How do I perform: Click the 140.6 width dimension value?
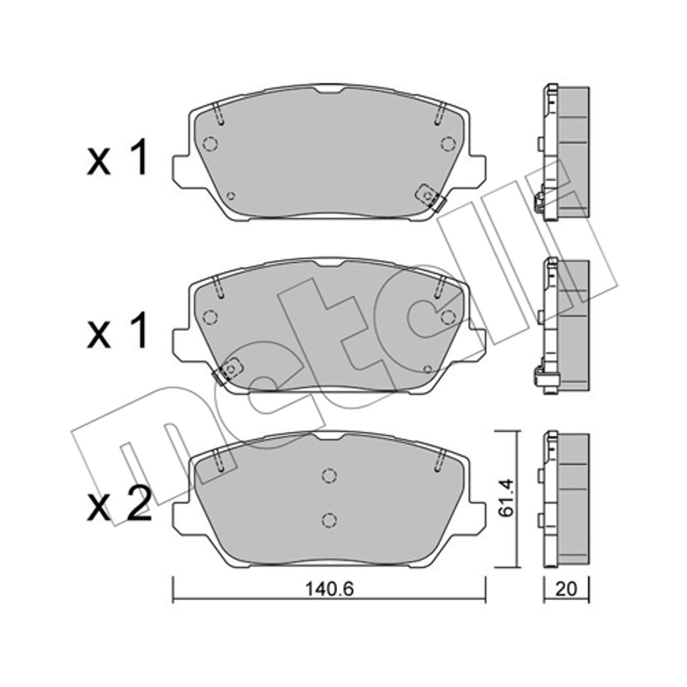click(x=329, y=589)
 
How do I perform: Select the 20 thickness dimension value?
click(x=566, y=589)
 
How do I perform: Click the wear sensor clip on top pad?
click(x=431, y=198)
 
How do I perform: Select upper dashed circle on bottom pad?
click(x=329, y=475)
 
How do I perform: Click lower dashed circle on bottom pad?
click(x=329, y=520)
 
